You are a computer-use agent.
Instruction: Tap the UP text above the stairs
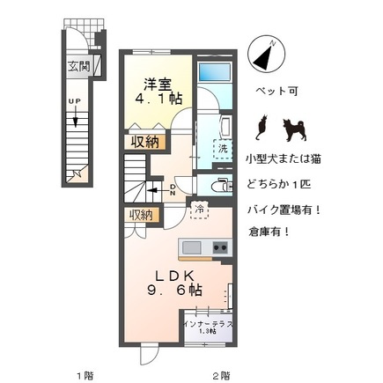pos(76,101)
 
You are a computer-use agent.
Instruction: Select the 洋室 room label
pos(158,84)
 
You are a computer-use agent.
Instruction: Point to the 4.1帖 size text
pos(160,100)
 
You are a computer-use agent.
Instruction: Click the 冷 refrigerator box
pos(200,210)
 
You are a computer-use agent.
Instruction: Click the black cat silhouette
pos(260,129)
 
